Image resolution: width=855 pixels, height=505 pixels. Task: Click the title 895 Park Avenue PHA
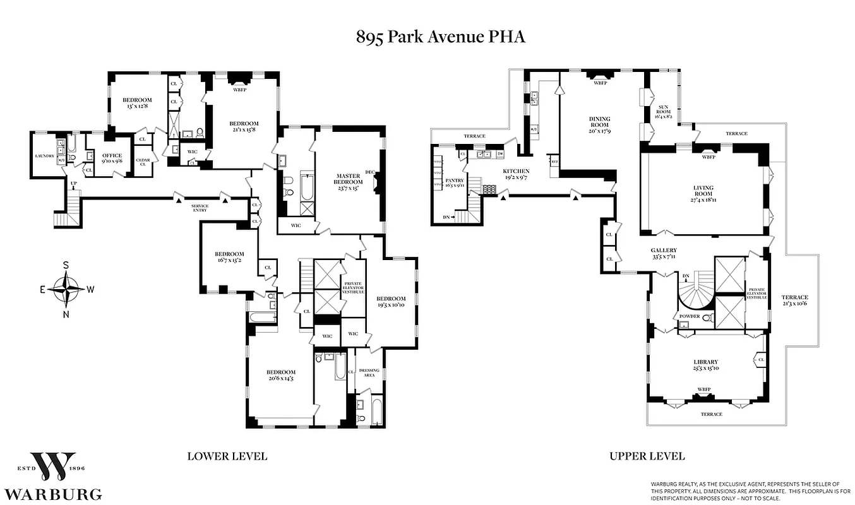pyautogui.click(x=440, y=37)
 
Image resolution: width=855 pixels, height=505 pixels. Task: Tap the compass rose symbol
pyautogui.click(x=66, y=290)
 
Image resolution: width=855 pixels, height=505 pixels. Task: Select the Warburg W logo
pyautogui.click(x=54, y=466)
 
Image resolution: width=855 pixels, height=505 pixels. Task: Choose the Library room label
pyautogui.click(x=706, y=365)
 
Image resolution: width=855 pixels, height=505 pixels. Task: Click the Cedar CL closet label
pyautogui.click(x=143, y=162)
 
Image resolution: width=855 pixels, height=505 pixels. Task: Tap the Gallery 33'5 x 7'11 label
pyautogui.click(x=664, y=253)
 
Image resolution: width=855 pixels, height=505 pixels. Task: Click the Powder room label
pyautogui.click(x=688, y=316)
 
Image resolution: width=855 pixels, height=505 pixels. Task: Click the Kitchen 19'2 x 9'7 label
pyautogui.click(x=516, y=174)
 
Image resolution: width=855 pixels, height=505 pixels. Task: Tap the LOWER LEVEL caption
pyautogui.click(x=227, y=456)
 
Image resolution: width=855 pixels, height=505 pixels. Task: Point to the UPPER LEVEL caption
pyautogui.click(x=647, y=456)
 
